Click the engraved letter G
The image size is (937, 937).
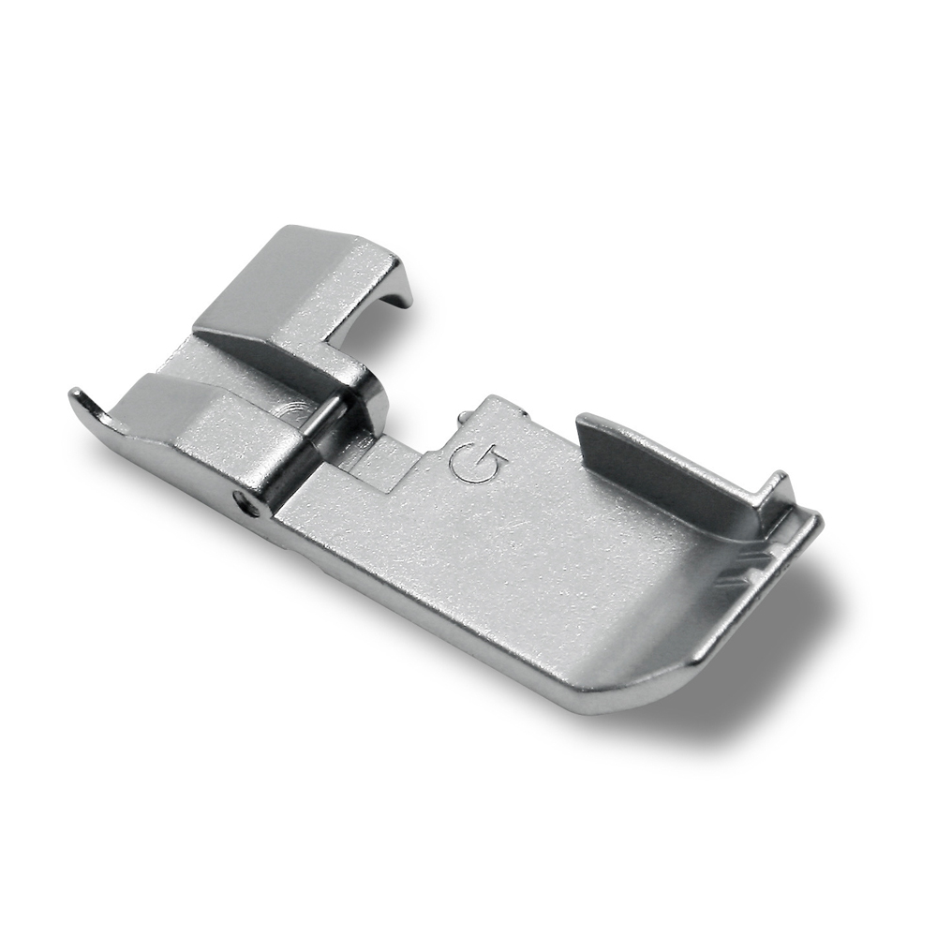point(480,462)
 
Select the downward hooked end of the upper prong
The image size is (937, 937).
point(401,286)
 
